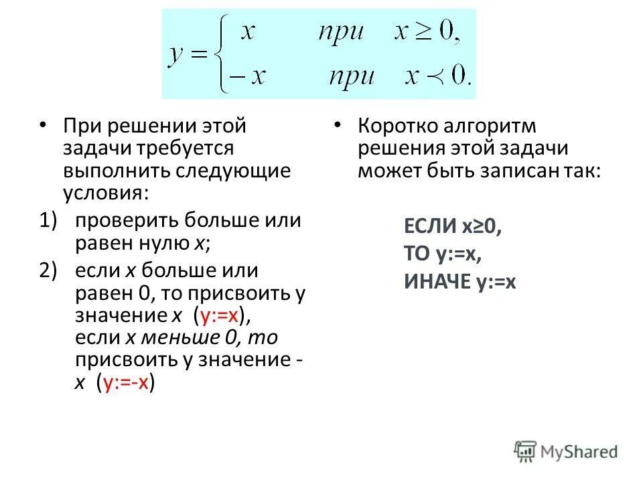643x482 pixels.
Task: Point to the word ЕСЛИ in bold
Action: point(430,226)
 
